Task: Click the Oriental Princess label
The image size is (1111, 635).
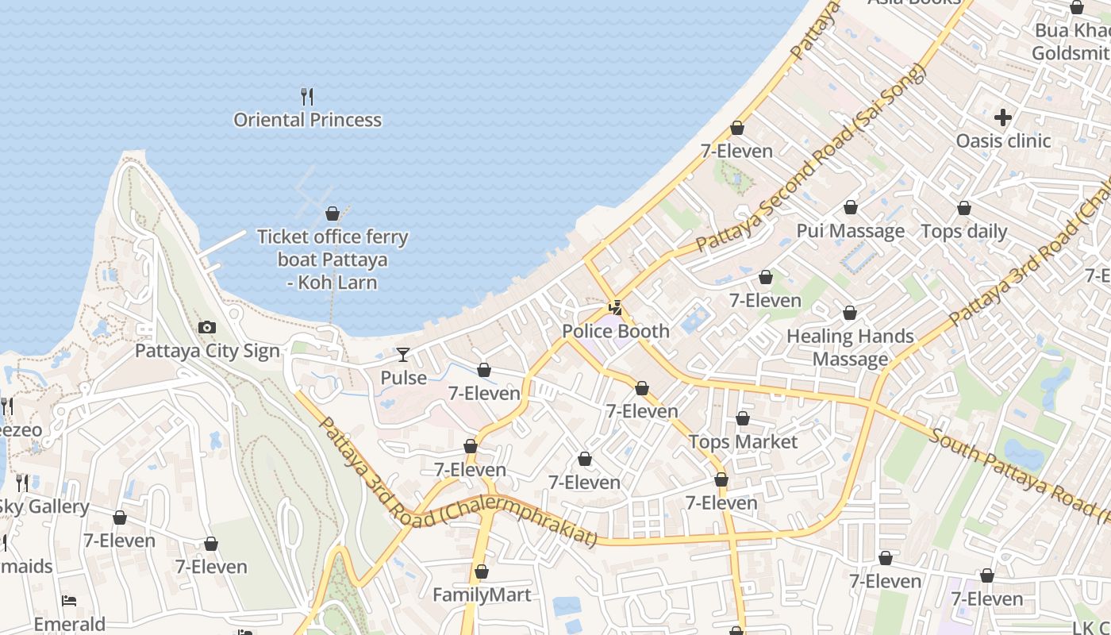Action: click(x=307, y=120)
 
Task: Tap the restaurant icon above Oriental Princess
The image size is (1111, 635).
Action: click(x=307, y=97)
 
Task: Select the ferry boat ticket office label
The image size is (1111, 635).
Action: click(x=333, y=260)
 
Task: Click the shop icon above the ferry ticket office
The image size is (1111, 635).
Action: click(x=333, y=214)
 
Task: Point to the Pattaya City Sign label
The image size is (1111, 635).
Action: click(x=207, y=351)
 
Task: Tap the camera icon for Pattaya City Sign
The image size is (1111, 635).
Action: click(x=207, y=327)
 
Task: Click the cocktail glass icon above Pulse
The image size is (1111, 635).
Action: click(x=403, y=354)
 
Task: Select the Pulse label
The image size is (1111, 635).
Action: click(x=403, y=378)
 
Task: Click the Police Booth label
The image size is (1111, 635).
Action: click(x=616, y=331)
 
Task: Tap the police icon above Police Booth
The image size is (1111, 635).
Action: click(x=615, y=307)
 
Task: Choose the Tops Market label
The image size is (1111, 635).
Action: click(x=743, y=442)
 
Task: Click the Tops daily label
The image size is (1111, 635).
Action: click(x=963, y=232)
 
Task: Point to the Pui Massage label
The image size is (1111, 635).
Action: click(x=851, y=231)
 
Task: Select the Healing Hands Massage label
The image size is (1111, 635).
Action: click(x=850, y=348)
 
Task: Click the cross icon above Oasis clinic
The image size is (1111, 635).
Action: click(x=1003, y=117)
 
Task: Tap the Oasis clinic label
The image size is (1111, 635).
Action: click(x=1003, y=141)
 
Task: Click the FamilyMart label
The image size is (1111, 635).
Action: click(x=482, y=595)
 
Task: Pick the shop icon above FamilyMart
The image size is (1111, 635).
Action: click(x=481, y=571)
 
